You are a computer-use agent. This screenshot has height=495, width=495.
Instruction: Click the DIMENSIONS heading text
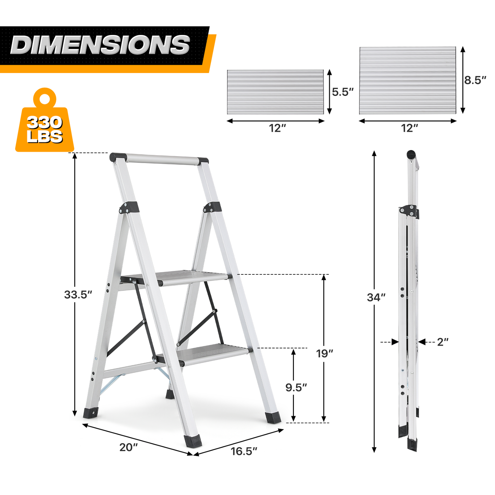click(x=100, y=45)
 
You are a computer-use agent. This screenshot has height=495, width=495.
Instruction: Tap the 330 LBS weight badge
click(x=45, y=121)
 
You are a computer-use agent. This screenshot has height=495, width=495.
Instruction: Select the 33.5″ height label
click(x=78, y=295)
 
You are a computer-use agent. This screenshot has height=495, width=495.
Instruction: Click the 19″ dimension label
click(x=324, y=354)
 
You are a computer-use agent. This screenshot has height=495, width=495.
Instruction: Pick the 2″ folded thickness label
click(x=443, y=342)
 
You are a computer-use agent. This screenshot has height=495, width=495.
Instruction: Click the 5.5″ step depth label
click(x=343, y=92)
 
